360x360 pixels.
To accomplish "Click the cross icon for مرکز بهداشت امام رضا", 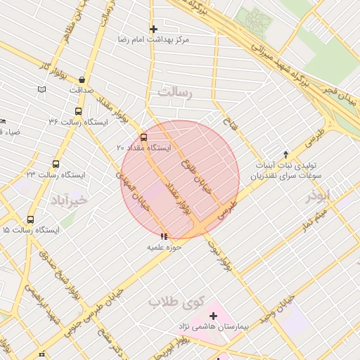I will point(153,29).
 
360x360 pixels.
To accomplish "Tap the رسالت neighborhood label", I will point(175,92).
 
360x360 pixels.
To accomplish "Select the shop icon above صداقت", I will point(83,79).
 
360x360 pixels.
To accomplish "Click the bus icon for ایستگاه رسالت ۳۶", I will point(77,111).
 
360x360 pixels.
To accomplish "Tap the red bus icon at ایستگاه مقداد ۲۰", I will point(144,137).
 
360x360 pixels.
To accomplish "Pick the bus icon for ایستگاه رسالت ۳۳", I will point(56,164).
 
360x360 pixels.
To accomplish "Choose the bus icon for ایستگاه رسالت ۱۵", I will point(30,219).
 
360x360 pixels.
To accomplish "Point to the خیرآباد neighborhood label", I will point(69,200).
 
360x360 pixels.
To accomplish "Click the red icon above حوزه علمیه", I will point(165,237).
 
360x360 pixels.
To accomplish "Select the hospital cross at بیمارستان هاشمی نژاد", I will point(213,316).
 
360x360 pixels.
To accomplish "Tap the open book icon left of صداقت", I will point(41,89).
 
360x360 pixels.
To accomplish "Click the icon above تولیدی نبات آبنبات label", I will point(285,153).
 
